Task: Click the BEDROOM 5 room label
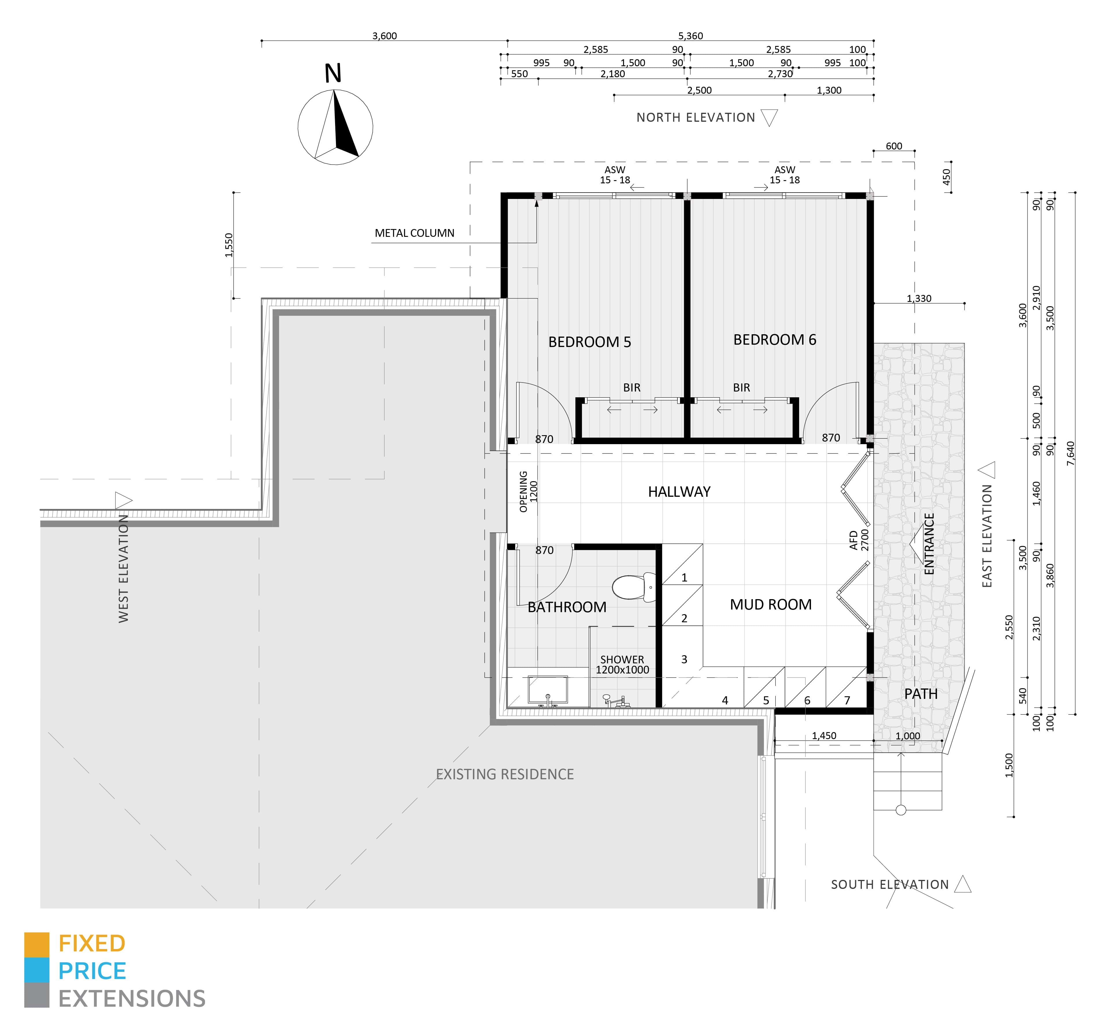(x=590, y=342)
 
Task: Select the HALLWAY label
(x=679, y=492)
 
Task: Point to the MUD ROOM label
(x=771, y=604)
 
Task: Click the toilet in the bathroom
(x=635, y=587)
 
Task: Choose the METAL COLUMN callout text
(x=414, y=233)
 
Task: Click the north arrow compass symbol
(x=335, y=127)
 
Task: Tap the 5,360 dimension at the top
(x=691, y=36)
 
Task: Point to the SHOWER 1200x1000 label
(x=622, y=664)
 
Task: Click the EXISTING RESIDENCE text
(x=505, y=774)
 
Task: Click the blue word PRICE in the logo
(x=92, y=971)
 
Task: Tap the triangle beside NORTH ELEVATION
(x=769, y=118)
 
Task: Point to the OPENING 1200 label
(x=528, y=492)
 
